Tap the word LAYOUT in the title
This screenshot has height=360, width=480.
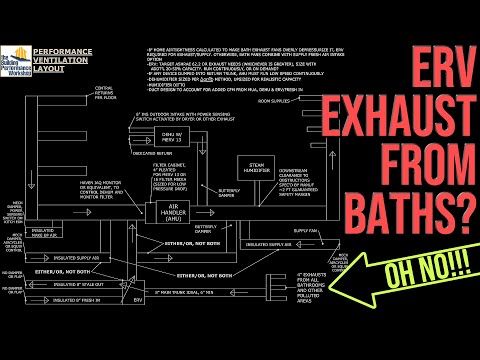pos(52,67)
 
